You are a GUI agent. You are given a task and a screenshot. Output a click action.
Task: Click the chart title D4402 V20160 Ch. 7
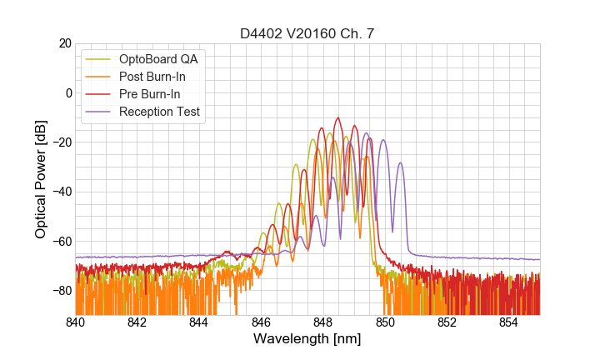[x=307, y=34]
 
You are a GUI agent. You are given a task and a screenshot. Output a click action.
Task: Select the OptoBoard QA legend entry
[x=158, y=59]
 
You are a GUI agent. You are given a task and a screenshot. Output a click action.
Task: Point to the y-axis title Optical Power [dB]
[x=41, y=178]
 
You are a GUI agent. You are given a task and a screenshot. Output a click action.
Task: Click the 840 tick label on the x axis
[x=76, y=322]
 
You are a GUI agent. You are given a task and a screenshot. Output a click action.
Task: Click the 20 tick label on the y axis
[x=64, y=43]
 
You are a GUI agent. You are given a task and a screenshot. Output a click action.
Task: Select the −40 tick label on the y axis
[x=61, y=192]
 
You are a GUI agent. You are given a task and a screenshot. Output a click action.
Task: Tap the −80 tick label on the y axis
[x=61, y=291]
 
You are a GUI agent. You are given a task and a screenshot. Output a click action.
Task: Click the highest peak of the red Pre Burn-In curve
[x=338, y=118]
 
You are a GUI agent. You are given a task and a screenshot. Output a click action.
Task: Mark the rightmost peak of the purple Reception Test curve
[x=401, y=163]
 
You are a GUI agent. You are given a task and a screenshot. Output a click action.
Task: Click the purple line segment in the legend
[x=99, y=112]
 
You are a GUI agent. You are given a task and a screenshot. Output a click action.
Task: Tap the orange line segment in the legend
[x=99, y=77]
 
